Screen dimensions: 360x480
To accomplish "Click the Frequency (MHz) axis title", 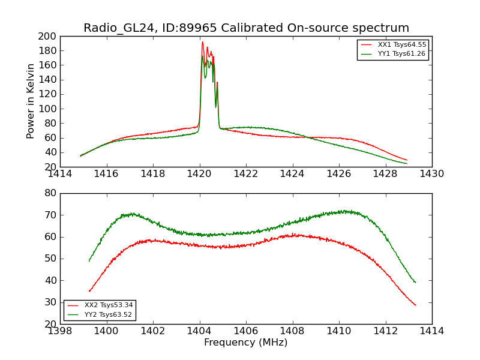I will (x=246, y=343).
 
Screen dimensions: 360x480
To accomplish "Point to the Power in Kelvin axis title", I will (x=31, y=101).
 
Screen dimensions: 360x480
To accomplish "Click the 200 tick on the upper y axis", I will (x=49, y=37).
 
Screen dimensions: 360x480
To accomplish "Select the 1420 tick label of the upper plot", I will (x=200, y=173).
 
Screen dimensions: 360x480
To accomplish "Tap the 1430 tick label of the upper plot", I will (x=431, y=173).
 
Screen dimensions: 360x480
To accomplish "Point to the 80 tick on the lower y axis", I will (x=51, y=193).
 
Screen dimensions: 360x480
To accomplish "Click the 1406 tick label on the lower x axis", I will (x=246, y=331).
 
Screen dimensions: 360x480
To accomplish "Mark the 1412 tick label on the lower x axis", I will (x=385, y=331).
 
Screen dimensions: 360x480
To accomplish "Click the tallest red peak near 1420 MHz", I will (x=202, y=42).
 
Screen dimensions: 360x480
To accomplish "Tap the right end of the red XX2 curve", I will (x=415, y=305).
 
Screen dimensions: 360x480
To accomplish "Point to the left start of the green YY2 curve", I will (x=89, y=261).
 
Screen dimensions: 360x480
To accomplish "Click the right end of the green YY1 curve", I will (x=407, y=163).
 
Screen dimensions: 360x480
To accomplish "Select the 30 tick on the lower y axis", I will (x=51, y=302).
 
